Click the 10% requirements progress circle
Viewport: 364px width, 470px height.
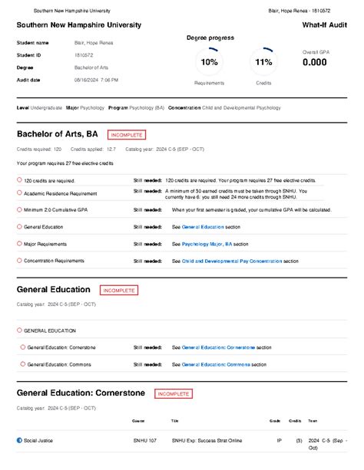(x=209, y=61)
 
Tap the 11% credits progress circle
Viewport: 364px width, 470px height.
(x=263, y=61)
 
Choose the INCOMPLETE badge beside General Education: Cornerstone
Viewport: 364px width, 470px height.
(x=174, y=394)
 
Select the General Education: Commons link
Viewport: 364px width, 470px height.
(x=219, y=365)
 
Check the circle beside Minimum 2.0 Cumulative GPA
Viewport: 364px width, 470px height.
(x=20, y=209)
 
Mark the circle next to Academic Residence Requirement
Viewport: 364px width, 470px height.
(x=20, y=193)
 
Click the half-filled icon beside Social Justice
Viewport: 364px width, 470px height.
(x=20, y=440)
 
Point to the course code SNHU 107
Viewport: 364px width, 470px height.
(x=144, y=441)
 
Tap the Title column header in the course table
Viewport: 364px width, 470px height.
(x=174, y=421)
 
